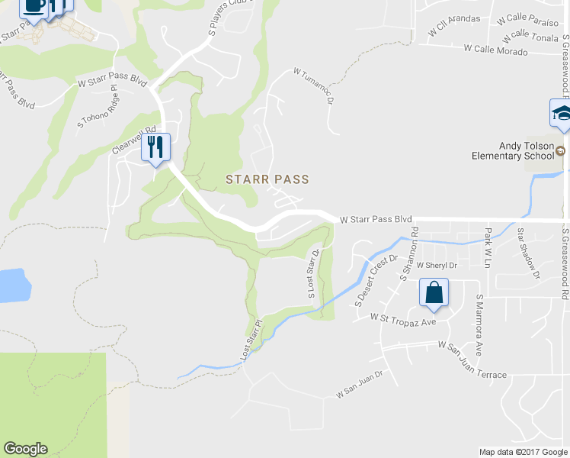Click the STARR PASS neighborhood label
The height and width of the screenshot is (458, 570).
(x=267, y=179)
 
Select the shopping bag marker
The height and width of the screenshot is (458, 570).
(x=434, y=293)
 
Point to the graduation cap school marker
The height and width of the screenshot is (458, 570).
(x=561, y=114)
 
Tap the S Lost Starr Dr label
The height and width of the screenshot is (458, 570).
(x=312, y=271)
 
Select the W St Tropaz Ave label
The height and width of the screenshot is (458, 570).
(x=403, y=316)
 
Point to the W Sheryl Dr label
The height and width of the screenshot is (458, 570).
(x=436, y=266)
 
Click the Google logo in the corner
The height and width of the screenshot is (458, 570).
(x=25, y=449)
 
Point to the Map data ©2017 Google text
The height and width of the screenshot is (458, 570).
(x=522, y=452)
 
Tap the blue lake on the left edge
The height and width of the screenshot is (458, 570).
(x=14, y=285)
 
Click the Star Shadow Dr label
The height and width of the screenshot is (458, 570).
(x=528, y=253)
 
